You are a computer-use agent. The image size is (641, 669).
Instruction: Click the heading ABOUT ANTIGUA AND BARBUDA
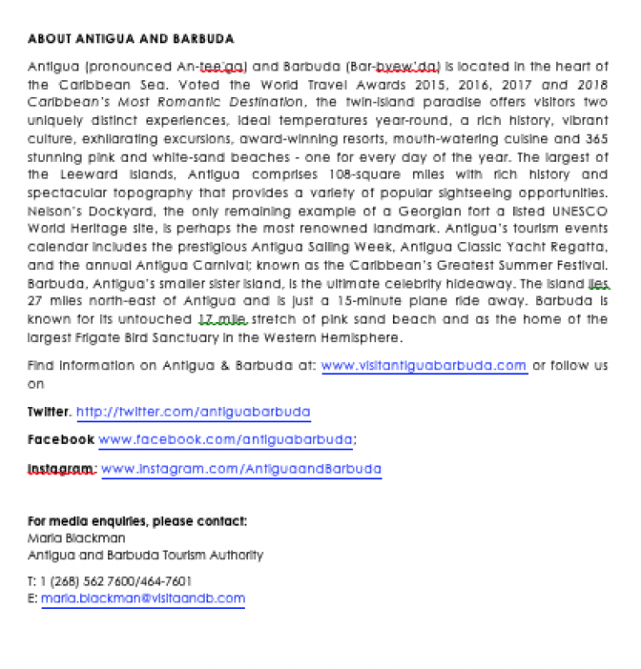click(x=131, y=39)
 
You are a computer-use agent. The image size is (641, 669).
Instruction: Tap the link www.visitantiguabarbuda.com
click(x=424, y=365)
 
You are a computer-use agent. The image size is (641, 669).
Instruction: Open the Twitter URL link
click(x=193, y=412)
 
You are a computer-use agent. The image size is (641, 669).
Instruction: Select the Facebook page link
click(x=226, y=439)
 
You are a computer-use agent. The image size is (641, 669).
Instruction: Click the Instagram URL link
click(x=240, y=469)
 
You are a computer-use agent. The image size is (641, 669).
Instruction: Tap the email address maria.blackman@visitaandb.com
click(x=143, y=598)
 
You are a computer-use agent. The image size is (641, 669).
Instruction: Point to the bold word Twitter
click(x=49, y=412)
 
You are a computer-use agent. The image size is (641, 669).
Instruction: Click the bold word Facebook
click(x=60, y=439)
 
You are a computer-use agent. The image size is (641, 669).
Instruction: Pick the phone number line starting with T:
click(x=110, y=580)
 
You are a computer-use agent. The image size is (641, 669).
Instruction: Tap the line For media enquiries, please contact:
click(x=137, y=521)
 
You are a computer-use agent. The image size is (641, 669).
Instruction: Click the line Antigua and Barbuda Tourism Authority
click(x=145, y=555)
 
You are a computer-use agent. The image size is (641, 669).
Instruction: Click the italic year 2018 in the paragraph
click(x=591, y=84)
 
